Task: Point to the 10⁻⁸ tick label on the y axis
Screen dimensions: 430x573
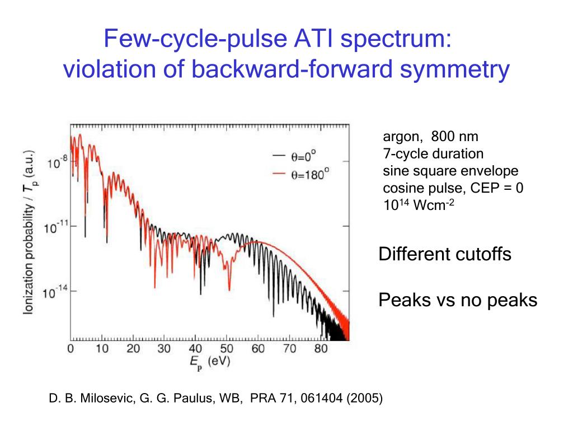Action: pyautogui.click(x=57, y=163)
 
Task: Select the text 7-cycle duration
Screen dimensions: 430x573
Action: pyautogui.click(x=433, y=153)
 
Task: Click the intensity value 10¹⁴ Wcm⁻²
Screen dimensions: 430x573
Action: pyautogui.click(x=418, y=204)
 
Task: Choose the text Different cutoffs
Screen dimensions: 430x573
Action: pyautogui.click(x=445, y=254)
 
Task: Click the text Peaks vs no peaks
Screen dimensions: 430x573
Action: pyautogui.click(x=458, y=300)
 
